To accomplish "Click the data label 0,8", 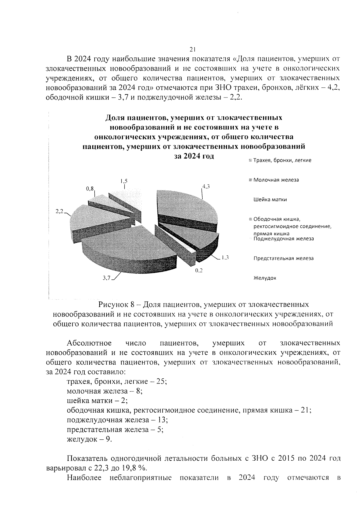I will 90,189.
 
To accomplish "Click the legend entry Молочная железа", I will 276,180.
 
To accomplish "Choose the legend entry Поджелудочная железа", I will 283,239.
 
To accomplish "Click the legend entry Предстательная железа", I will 283,258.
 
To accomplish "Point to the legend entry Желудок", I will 265,278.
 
